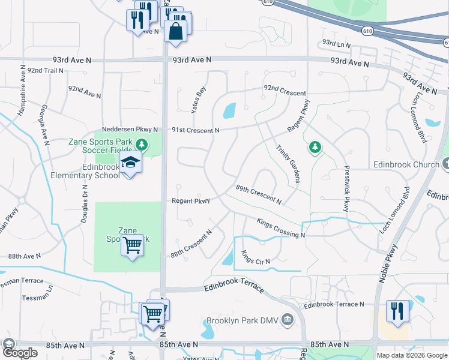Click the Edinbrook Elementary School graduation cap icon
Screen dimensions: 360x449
pos(130,162)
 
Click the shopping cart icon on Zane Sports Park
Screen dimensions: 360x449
pos(132,245)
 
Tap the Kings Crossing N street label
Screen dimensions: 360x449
pos(281,227)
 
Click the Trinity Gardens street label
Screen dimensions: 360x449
pos(288,163)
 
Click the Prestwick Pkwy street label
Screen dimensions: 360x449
pos(346,188)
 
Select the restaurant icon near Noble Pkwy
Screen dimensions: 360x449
pos(397,310)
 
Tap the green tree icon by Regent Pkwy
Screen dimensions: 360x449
pos(314,146)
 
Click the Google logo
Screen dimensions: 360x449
pos(20,353)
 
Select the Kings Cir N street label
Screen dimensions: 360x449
pos(256,258)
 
